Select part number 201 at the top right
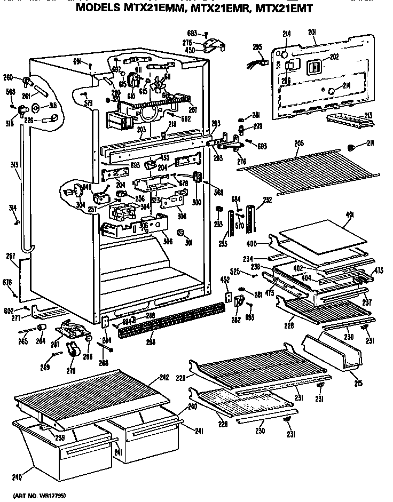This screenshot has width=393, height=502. pos(312,33)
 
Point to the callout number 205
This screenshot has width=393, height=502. pos(299,143)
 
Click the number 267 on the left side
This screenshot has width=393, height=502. pos(10,256)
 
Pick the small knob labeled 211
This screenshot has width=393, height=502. pos(352,147)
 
